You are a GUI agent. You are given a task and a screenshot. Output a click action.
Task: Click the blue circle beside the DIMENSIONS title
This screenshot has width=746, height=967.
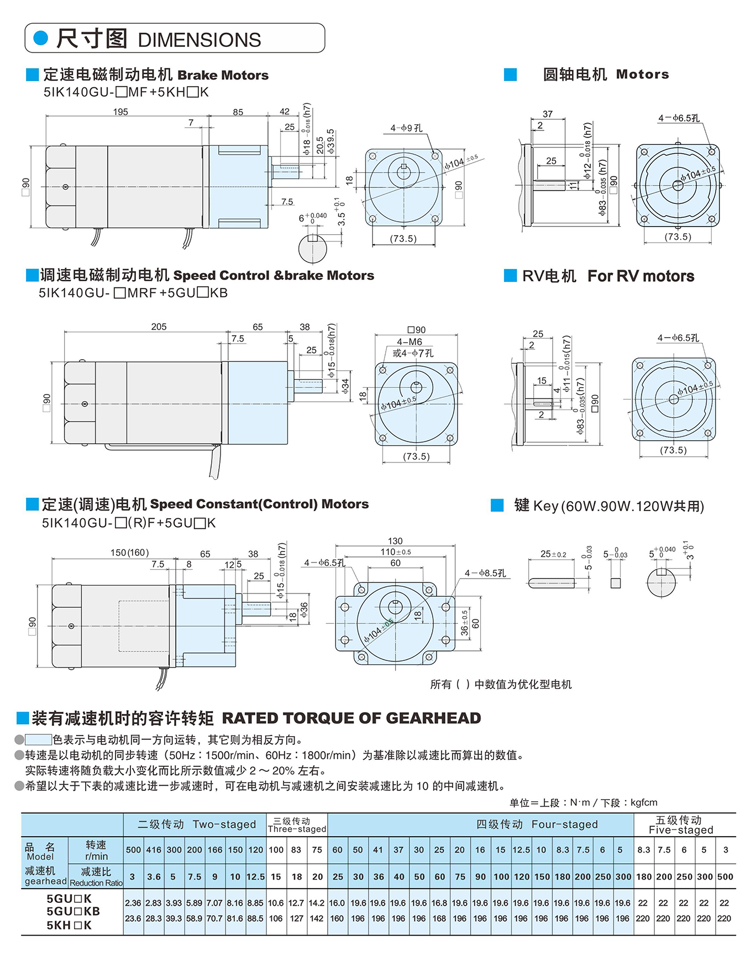click(x=41, y=38)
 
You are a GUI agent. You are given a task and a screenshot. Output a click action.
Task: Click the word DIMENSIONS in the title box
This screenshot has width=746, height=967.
click(x=199, y=40)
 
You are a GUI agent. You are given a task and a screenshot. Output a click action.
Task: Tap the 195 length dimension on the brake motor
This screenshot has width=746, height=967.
click(x=120, y=112)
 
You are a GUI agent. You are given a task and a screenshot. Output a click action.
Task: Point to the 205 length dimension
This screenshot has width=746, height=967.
click(x=159, y=327)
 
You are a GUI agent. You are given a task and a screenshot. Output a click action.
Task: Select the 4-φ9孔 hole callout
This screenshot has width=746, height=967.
click(x=406, y=128)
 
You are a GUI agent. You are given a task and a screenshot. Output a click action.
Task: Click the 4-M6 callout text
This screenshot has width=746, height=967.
click(x=409, y=342)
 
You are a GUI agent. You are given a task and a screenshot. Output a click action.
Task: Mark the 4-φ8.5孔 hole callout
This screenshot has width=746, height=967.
click(x=485, y=573)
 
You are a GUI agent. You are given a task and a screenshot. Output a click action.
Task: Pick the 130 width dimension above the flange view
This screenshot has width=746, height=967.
click(x=395, y=541)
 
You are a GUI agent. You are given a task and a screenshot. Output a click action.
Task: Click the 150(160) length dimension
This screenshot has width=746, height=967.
click(x=129, y=553)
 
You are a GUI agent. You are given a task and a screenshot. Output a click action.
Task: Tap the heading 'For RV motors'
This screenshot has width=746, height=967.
click(x=640, y=276)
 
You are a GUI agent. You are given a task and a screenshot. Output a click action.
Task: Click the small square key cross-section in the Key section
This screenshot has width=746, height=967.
click(x=615, y=583)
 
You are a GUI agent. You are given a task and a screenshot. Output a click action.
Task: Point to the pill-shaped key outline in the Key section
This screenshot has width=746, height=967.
click(x=551, y=583)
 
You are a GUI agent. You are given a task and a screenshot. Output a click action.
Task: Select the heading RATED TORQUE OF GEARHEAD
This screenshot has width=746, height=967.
click(x=351, y=718)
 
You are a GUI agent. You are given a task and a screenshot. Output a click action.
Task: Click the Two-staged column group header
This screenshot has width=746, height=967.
click(x=196, y=824)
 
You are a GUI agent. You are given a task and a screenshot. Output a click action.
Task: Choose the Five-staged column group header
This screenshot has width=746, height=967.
click(x=681, y=824)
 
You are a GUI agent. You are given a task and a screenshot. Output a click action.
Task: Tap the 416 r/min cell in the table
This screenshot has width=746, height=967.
click(x=154, y=850)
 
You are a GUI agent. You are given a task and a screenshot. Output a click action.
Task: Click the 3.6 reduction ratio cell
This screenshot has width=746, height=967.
click(x=154, y=876)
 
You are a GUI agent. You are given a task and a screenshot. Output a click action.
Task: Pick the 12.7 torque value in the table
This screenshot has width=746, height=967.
click(x=296, y=903)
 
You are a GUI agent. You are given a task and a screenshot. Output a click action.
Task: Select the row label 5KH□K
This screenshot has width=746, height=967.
click(x=69, y=925)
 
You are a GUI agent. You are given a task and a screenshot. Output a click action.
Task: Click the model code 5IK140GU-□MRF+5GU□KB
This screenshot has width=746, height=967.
click(x=133, y=293)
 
